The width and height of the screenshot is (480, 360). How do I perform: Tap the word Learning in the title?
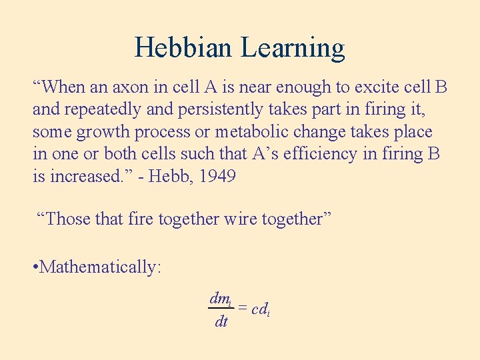click(x=293, y=48)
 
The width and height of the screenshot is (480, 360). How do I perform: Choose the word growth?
click(x=103, y=132)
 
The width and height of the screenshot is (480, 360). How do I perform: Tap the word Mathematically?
click(x=100, y=267)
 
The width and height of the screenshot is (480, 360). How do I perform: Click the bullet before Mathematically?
click(x=35, y=267)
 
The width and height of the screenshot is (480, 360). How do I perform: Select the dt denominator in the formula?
click(x=221, y=322)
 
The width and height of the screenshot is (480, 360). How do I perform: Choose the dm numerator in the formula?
click(x=221, y=299)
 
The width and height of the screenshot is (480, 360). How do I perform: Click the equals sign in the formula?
click(x=243, y=309)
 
